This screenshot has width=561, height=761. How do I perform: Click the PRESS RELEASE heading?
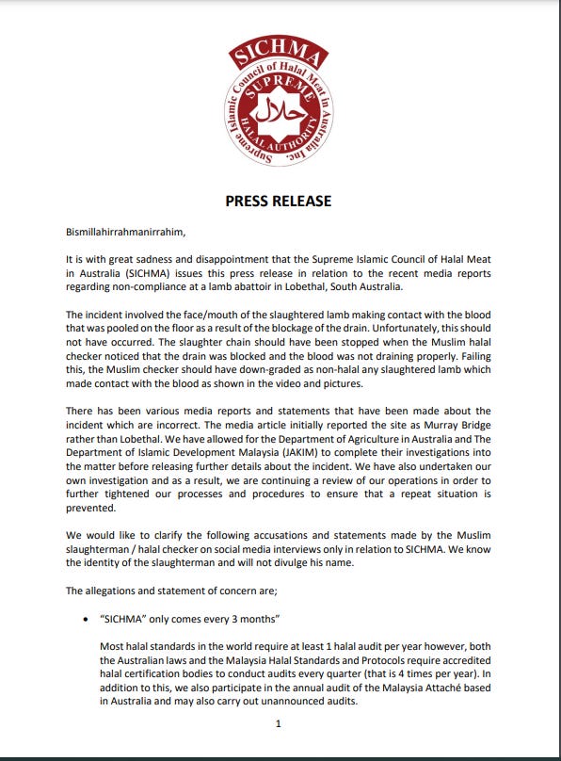[x=278, y=202]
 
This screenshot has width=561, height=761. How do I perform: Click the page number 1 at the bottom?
[x=279, y=723]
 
